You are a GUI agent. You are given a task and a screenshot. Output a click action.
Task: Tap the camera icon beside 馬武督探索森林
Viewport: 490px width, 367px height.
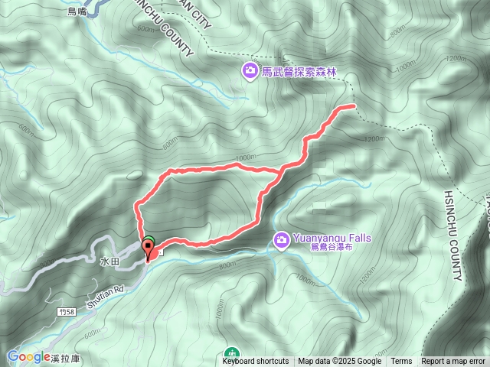coord(250,72)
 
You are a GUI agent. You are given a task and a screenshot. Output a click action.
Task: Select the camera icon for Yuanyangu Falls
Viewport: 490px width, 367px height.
coord(282,241)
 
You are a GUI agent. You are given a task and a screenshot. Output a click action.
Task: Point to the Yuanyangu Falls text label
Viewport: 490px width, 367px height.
coord(332,237)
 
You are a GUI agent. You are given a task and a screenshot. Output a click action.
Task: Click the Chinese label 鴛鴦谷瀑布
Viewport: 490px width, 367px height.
coord(332,247)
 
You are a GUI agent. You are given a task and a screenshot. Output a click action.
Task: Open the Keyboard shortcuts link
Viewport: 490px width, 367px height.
coord(256,362)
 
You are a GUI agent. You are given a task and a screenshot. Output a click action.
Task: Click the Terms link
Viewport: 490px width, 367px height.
coord(401,362)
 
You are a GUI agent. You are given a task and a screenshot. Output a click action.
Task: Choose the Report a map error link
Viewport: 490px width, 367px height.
coord(452,362)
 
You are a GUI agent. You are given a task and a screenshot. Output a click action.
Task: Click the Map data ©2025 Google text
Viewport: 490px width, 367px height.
coord(340,362)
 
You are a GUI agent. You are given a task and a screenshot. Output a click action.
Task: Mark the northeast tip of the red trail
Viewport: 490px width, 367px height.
coord(354,105)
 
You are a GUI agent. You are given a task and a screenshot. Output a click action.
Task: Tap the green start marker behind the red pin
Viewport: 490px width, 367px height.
coord(150,242)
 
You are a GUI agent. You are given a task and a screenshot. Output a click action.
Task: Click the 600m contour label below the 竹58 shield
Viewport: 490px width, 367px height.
coord(93,333)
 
